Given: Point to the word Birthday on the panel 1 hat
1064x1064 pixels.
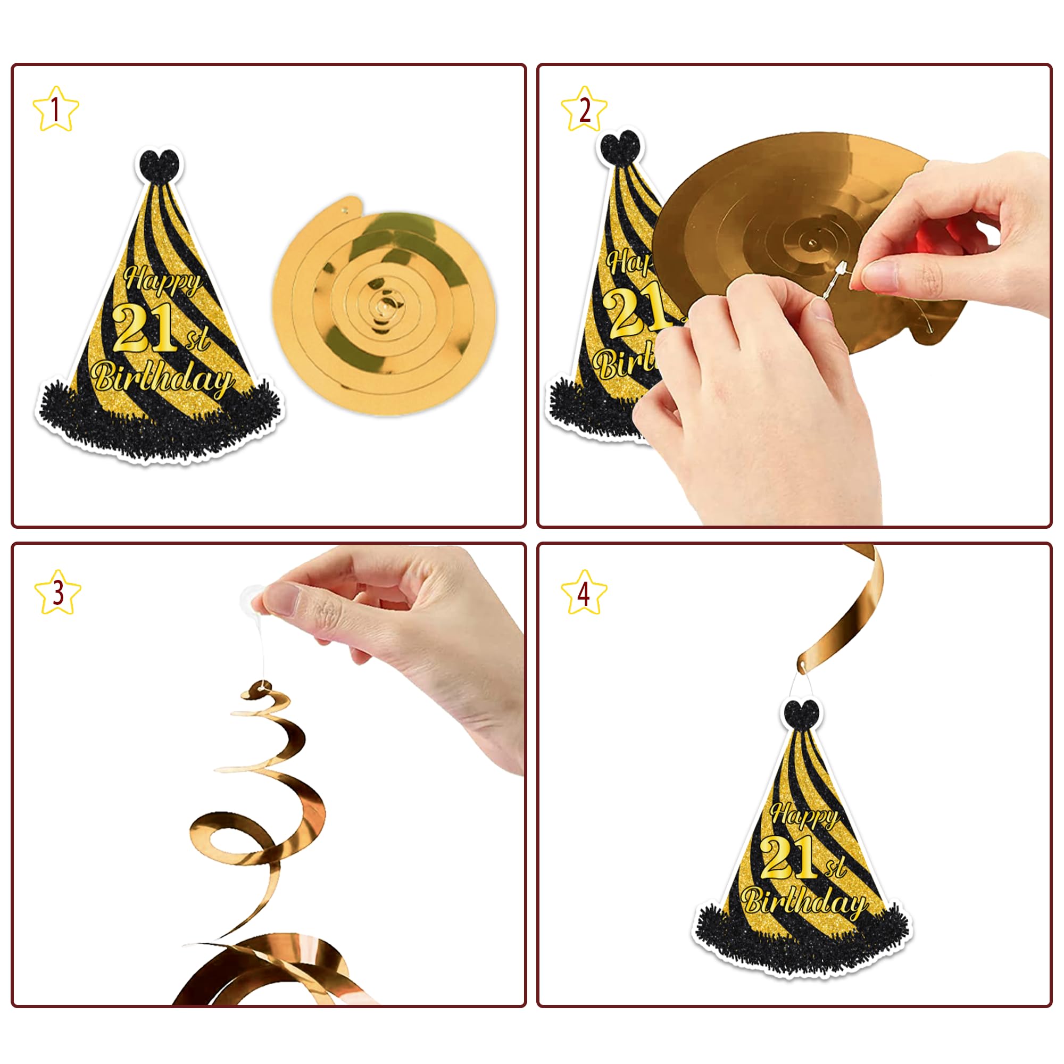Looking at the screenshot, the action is point(163,378).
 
